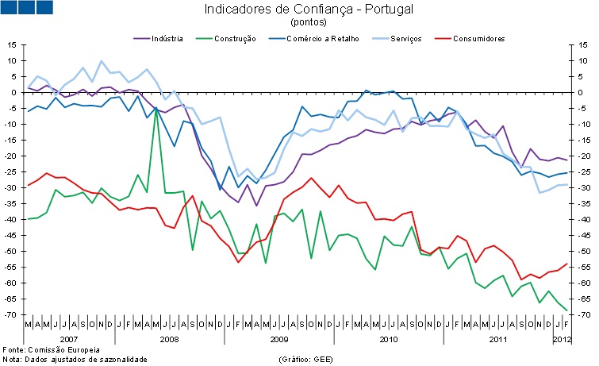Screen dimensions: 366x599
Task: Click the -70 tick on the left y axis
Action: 13,315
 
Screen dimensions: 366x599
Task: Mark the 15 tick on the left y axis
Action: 14,44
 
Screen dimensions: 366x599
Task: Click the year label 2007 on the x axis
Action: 70,339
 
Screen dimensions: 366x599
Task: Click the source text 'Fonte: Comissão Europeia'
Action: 52,349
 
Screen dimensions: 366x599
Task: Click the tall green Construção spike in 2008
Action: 156,111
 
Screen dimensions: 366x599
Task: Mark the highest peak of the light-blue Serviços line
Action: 101,61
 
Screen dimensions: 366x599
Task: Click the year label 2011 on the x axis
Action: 497,339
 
